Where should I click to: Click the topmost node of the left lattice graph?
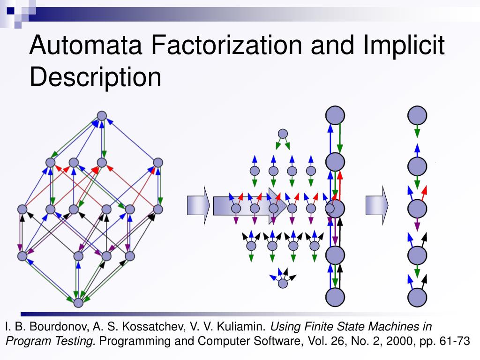pos(102,115)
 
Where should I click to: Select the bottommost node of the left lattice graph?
pos(78,302)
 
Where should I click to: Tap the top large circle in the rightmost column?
pos(417,115)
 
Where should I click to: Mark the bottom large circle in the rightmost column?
pos(417,297)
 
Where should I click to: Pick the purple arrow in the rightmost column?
pos(417,226)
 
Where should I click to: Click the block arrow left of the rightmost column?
pos(377,205)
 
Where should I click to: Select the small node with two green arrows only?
pos(282,134)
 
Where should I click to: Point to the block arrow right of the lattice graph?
pos(198,205)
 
